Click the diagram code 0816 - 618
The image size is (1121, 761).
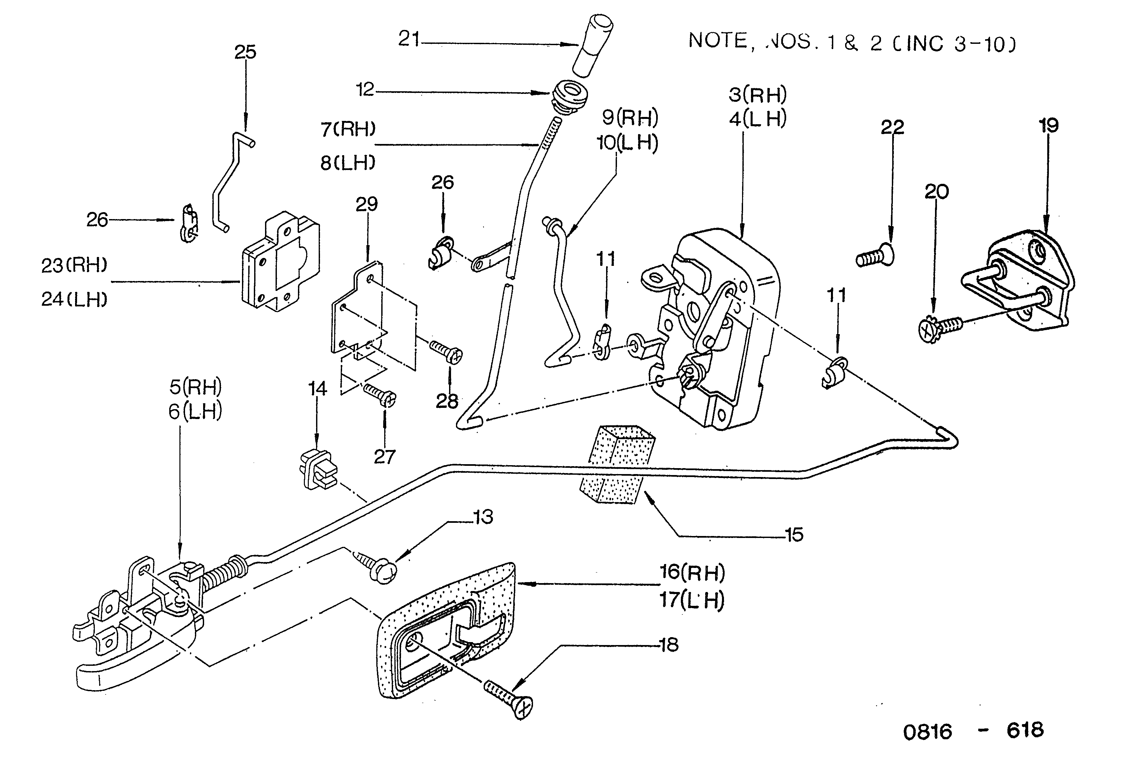(974, 731)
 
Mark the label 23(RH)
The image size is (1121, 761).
(74, 266)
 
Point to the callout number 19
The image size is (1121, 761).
(1049, 126)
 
